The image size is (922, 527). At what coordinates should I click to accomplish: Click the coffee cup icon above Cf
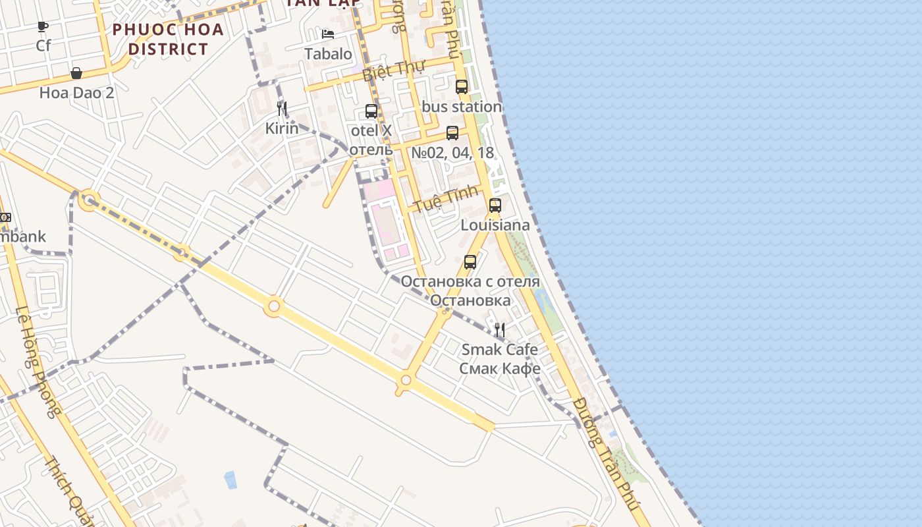43,27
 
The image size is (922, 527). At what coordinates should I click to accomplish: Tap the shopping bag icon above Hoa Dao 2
76,73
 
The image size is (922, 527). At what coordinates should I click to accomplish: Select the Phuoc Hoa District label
168,39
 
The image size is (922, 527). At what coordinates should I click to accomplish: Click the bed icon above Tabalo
328,34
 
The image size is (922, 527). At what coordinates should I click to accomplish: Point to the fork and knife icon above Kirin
282,109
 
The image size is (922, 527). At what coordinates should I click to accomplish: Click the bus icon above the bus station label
462,87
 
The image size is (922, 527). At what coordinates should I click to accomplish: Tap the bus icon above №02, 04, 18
452,133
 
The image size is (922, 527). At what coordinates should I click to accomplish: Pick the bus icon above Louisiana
495,206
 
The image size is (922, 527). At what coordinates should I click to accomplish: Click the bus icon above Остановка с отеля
470,262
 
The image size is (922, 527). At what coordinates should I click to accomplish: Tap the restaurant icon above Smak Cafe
500,330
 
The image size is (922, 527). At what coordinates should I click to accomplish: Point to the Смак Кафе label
500,368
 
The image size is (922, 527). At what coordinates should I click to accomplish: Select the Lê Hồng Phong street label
37,362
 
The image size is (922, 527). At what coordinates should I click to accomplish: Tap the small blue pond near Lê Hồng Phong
230,480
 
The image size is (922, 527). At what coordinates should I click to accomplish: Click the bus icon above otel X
371,111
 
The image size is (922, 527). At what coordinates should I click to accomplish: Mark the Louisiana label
495,225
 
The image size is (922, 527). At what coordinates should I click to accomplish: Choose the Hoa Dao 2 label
76,93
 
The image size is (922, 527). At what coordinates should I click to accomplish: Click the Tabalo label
328,54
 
